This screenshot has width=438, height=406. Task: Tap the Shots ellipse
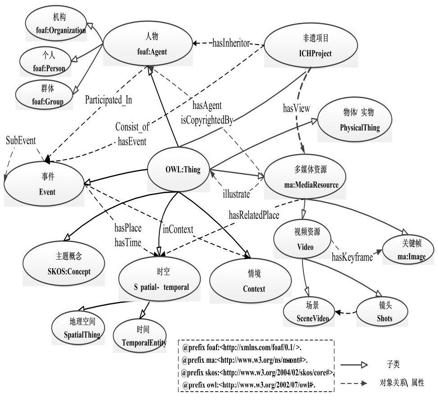point(383,312)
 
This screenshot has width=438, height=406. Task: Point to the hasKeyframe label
point(352,257)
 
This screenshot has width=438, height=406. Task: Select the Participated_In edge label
point(109,100)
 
